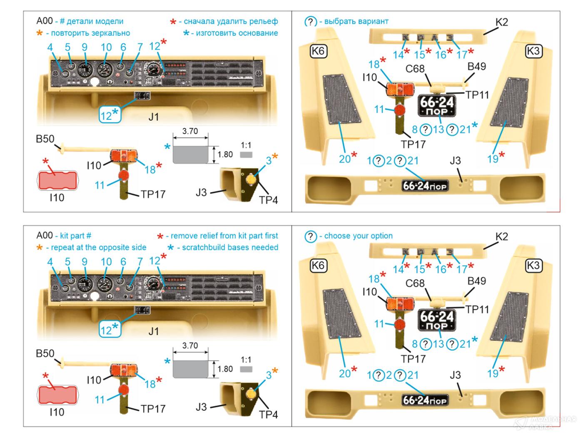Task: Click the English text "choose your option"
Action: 358,236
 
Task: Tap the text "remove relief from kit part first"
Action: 224,236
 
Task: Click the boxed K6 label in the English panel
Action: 318,266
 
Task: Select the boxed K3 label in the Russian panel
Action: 533,51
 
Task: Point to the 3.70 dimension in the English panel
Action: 190,346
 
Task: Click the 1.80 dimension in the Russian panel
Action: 225,154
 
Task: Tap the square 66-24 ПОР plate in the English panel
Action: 436,320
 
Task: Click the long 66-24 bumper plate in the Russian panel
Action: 425,186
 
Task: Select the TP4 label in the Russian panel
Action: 268,200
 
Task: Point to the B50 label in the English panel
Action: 45,354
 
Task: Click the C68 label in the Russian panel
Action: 415,68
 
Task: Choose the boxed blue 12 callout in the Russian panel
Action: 110,114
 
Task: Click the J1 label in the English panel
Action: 154,331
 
